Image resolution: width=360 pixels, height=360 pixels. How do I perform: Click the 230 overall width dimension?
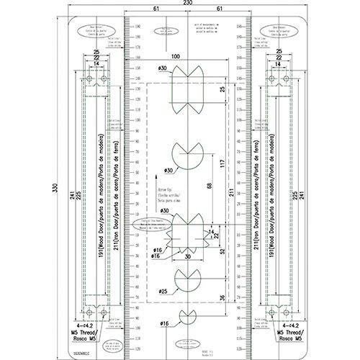pyautogui.click(x=187, y=4)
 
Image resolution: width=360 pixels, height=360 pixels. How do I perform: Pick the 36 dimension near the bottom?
pyautogui.click(x=222, y=298)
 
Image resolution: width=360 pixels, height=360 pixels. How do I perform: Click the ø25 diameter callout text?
pyautogui.click(x=163, y=292)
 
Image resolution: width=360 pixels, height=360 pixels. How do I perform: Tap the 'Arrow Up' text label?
pyautogui.click(x=166, y=185)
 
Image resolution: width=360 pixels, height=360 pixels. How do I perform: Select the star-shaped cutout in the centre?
pyautogui.click(x=187, y=233)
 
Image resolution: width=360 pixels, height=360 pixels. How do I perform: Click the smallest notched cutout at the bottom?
pyautogui.click(x=187, y=318)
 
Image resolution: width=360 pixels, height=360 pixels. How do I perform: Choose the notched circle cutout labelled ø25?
pyautogui.click(x=187, y=279)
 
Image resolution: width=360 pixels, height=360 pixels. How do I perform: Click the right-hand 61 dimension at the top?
pyautogui.click(x=219, y=9)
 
